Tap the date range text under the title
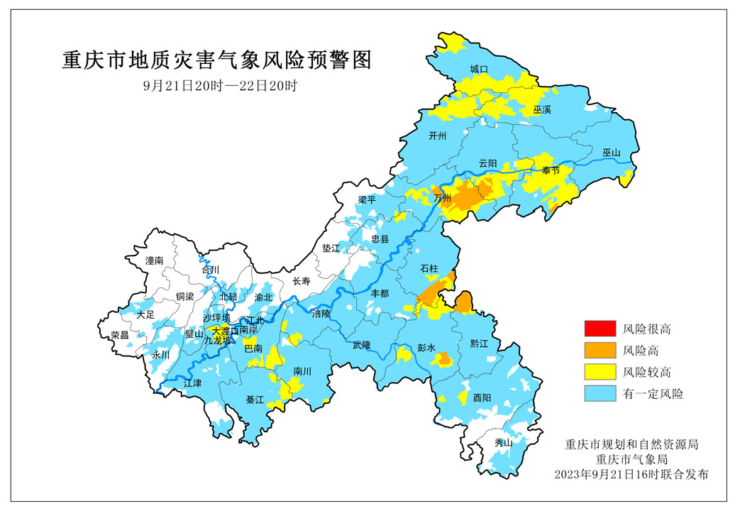(219, 86)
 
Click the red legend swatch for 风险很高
(600, 329)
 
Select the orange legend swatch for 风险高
(600, 350)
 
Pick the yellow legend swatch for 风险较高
(600, 372)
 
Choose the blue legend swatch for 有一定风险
(600, 393)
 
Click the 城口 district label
(479, 70)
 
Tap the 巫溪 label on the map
(542, 110)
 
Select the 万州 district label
(442, 198)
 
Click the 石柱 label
(429, 268)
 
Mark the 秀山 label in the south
(502, 443)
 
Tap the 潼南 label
(154, 261)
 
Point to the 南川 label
(302, 370)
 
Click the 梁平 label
(367, 200)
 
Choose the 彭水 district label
(426, 348)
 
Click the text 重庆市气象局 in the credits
(632, 459)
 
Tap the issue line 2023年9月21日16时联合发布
(632, 474)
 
